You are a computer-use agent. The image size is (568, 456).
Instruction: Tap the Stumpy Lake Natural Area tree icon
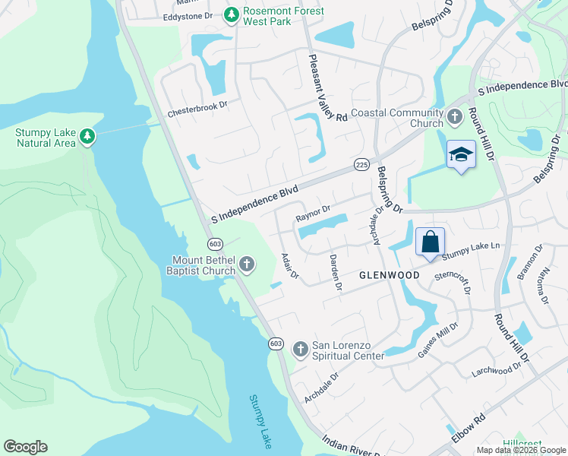pyautogui.click(x=88, y=137)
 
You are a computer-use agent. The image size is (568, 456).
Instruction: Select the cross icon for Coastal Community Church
pyautogui.click(x=454, y=117)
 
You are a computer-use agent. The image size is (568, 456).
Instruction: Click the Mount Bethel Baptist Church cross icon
pyautogui.click(x=246, y=264)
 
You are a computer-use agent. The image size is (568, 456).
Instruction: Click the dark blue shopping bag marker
pyautogui.click(x=430, y=242)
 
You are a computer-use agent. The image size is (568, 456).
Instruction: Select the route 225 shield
pyautogui.click(x=361, y=164)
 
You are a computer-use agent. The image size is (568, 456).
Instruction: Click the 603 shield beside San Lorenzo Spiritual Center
pyautogui.click(x=276, y=344)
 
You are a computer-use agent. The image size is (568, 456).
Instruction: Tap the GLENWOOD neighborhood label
pyautogui.click(x=390, y=274)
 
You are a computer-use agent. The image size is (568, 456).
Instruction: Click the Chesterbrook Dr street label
pyautogui.click(x=197, y=107)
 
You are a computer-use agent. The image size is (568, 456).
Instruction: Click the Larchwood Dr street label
pyautogui.click(x=496, y=368)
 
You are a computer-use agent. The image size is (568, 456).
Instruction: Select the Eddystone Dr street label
pyautogui.click(x=188, y=16)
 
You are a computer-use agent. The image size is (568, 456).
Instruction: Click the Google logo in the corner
pyautogui.click(x=25, y=447)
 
